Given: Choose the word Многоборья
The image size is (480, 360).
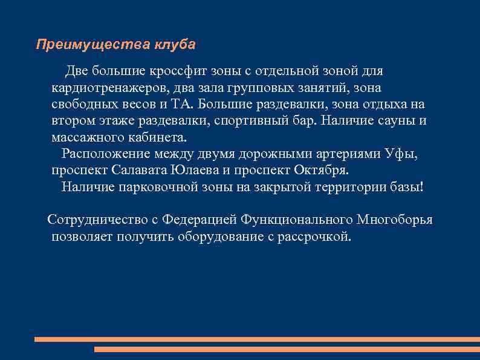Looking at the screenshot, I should click(x=394, y=219).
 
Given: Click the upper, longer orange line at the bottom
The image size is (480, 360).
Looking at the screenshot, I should click(x=257, y=339).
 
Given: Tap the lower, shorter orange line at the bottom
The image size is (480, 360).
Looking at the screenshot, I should click(x=287, y=349).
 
